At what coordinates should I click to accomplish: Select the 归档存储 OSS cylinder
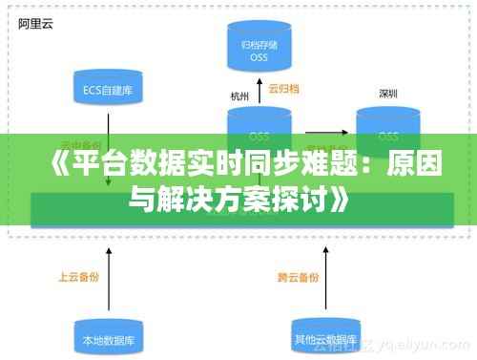pyautogui.click(x=259, y=48)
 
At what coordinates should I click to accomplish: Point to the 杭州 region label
pyautogui.click(x=238, y=96)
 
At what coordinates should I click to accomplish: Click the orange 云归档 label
pyautogui.click(x=284, y=90)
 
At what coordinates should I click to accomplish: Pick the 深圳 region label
pyautogui.click(x=388, y=95)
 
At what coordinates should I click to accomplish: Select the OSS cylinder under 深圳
pyautogui.click(x=388, y=129)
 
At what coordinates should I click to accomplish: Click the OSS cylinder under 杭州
pyautogui.click(x=259, y=129)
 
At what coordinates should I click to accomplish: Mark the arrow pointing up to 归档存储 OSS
pyautogui.click(x=259, y=89)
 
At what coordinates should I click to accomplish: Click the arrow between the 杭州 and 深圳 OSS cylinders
pyautogui.click(x=322, y=134)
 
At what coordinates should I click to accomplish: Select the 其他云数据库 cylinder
pyautogui.click(x=322, y=334)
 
